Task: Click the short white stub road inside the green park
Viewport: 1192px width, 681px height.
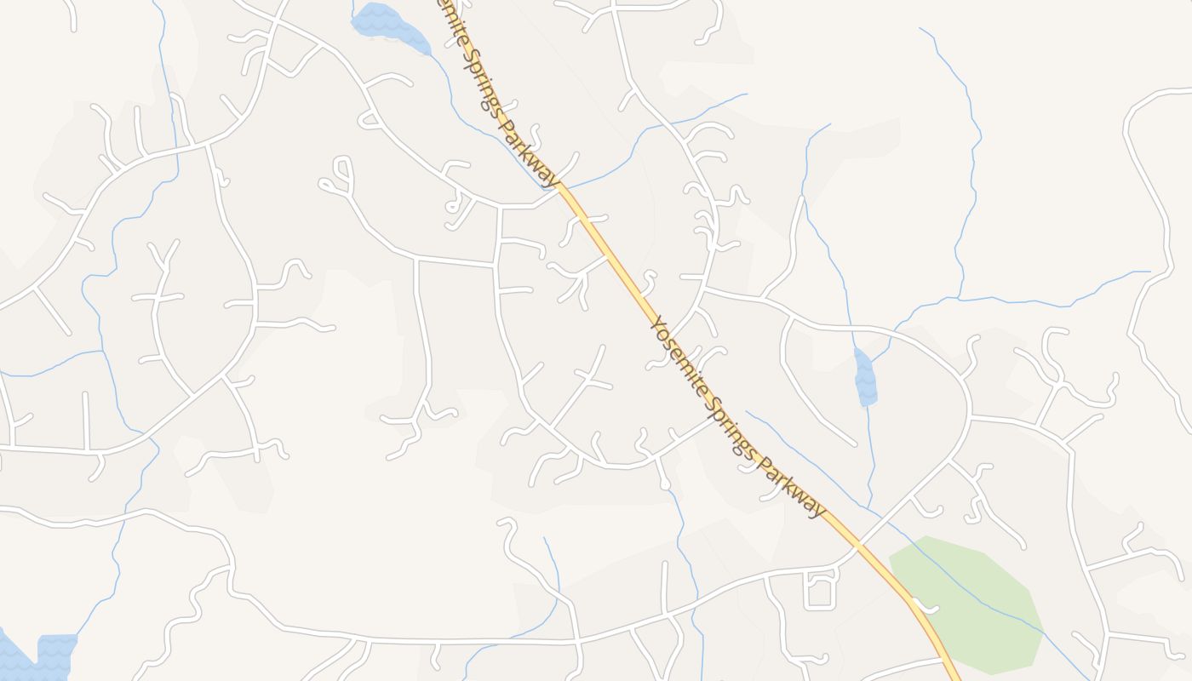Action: (x=926, y=607)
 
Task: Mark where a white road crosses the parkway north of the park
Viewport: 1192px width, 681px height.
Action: (x=859, y=541)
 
